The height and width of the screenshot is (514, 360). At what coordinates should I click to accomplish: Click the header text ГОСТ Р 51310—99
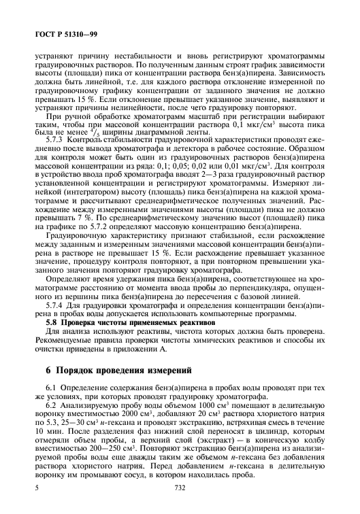click(x=56, y=33)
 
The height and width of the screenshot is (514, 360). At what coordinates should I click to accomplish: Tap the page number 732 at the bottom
click(x=180, y=507)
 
